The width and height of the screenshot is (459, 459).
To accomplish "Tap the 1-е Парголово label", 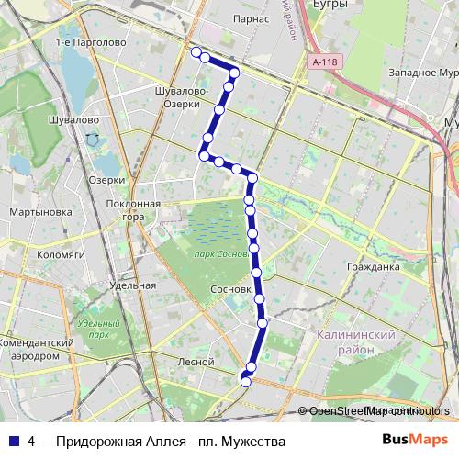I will point(90,43).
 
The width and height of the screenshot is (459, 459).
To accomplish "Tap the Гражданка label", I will point(373,268).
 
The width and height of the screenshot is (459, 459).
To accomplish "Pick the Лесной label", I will point(196,362).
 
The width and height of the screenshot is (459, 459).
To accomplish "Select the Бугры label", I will point(331,6).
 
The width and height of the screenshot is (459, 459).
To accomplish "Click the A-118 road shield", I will point(324,62).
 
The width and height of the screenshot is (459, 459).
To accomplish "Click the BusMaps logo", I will point(416,441).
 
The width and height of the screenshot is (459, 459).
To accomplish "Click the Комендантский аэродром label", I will point(37,348).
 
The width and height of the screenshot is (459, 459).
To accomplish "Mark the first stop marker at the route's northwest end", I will point(196,53).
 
